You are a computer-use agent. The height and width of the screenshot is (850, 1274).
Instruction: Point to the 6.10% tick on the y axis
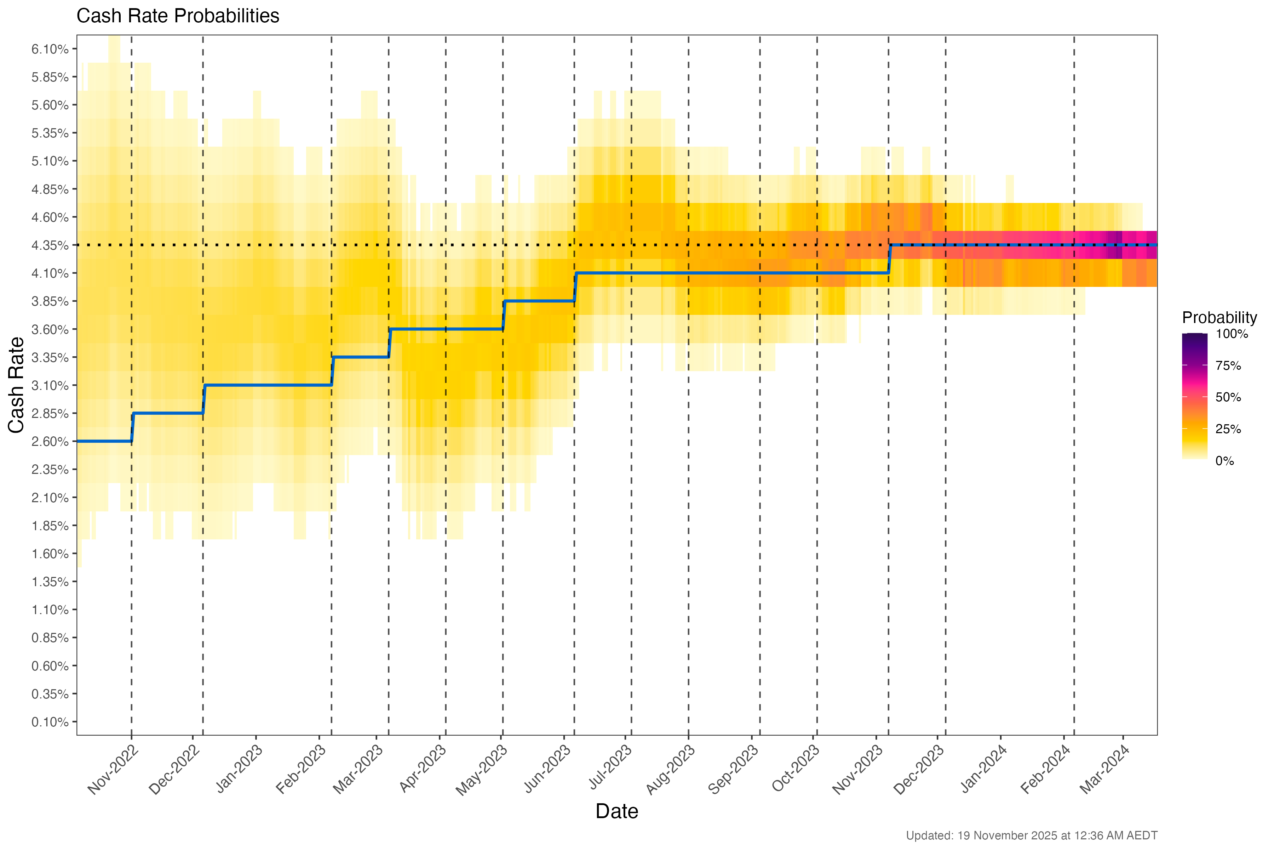50,49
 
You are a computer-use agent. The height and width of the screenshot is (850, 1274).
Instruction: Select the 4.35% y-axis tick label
50,245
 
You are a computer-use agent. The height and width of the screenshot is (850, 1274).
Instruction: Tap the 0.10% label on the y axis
50,722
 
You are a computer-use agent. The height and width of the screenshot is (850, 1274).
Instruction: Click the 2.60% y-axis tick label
50,442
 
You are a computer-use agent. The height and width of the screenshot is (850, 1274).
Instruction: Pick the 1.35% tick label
50,582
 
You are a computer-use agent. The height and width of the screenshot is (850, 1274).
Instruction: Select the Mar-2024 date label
1104,769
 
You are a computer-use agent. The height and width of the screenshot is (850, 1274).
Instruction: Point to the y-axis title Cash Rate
16,385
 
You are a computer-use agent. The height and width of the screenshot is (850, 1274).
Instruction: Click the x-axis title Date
616,811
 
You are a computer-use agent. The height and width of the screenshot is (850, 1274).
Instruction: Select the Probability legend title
1219,318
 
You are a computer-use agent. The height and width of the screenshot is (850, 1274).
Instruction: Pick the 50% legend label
1228,397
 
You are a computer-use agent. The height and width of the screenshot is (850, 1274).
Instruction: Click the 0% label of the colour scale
1225,461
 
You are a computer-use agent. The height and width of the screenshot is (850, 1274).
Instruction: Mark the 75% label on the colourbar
1228,366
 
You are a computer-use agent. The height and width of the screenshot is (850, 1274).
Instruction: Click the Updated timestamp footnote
1031,835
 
